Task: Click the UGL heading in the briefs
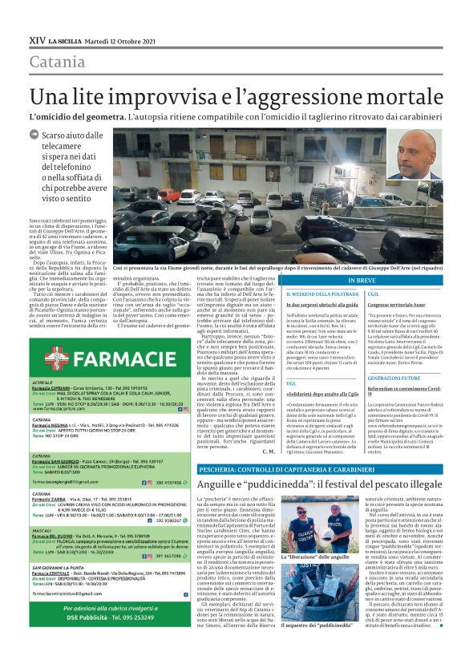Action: coord(269,384)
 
